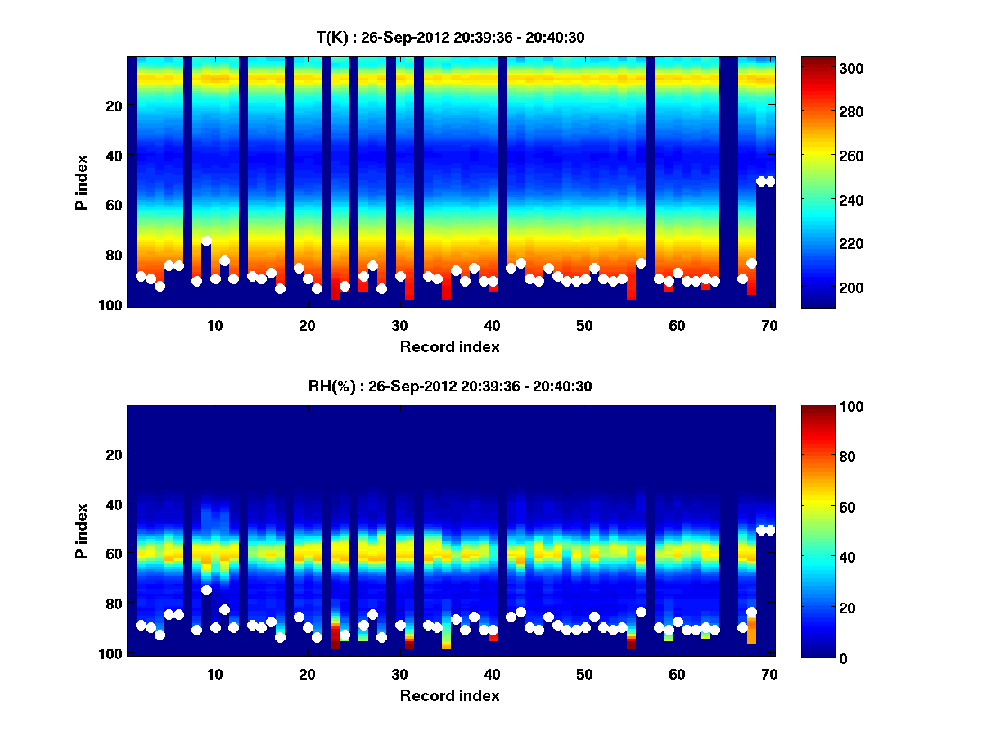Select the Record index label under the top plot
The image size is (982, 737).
449,346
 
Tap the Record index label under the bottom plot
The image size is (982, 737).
449,695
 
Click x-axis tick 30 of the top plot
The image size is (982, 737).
399,324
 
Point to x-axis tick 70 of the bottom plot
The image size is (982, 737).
769,673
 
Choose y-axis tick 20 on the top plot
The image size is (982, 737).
113,106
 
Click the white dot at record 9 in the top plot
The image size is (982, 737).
206,241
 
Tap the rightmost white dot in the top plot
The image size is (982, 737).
770,181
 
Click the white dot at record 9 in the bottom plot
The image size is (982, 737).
206,590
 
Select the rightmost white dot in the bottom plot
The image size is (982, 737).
770,530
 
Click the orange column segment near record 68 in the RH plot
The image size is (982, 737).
751,631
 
